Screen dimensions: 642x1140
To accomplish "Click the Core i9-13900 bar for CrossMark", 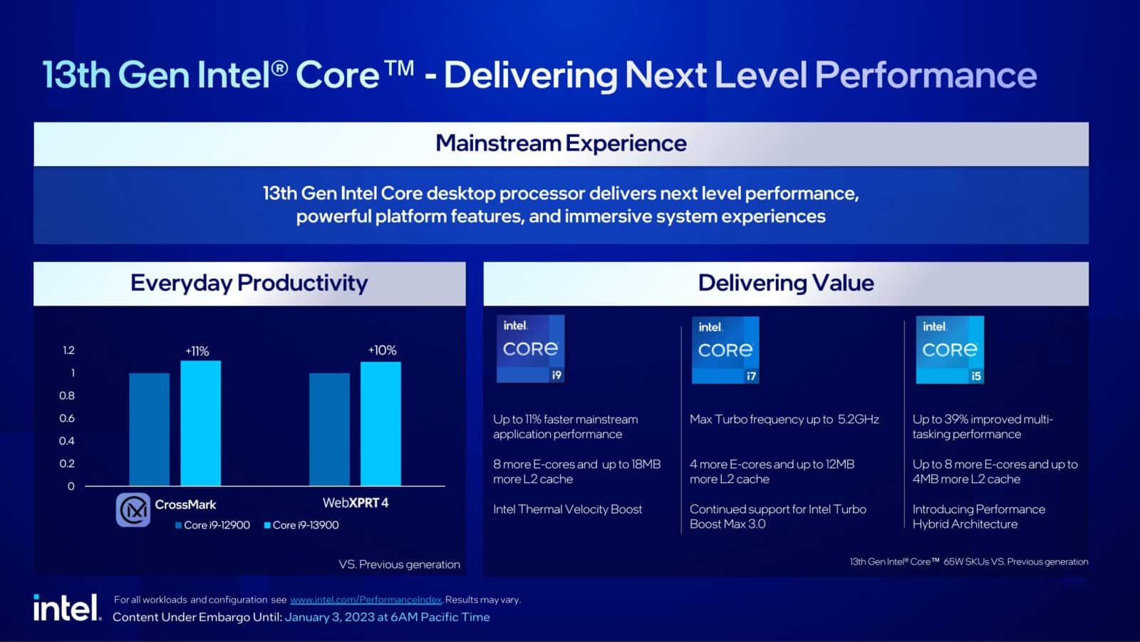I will click(x=200, y=423).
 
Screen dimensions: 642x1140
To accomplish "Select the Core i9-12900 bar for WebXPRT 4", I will click(x=329, y=429).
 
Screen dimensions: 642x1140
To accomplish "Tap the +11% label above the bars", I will click(x=197, y=351).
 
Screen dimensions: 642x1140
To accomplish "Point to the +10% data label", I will click(x=383, y=351).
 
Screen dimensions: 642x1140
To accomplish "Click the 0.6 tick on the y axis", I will click(x=67, y=418).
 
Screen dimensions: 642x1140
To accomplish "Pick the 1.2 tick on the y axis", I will click(x=68, y=350).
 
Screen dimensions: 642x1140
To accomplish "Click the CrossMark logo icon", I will click(x=133, y=509).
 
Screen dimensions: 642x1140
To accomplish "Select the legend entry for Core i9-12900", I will click(x=212, y=525).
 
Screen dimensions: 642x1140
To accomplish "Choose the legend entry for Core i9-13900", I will click(x=301, y=525).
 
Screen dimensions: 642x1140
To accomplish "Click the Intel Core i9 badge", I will click(x=530, y=349).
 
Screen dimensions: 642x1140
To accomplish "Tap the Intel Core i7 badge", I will click(x=725, y=350).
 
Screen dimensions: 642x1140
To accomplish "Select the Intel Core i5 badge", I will click(x=950, y=350).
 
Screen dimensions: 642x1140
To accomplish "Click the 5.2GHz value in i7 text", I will click(x=858, y=420).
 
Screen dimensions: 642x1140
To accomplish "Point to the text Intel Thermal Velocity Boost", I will click(x=567, y=509).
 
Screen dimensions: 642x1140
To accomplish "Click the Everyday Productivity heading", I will click(x=249, y=283).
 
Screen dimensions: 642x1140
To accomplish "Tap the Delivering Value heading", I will click(x=785, y=283).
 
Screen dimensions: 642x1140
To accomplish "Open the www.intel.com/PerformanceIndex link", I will click(x=366, y=600).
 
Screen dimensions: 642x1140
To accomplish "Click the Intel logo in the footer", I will click(x=66, y=608).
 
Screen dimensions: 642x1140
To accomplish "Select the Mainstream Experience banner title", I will click(x=561, y=143).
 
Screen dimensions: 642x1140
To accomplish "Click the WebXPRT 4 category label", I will click(x=355, y=503).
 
